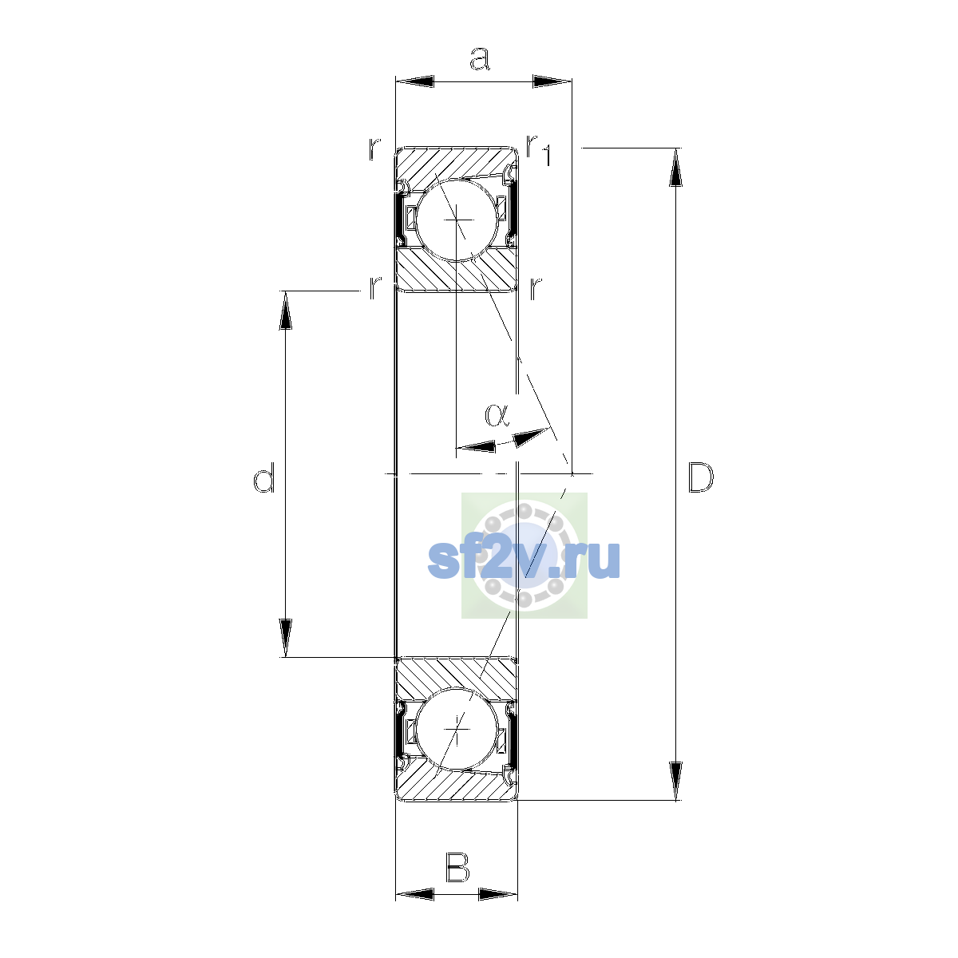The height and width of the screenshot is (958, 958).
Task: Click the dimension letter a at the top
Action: click(x=480, y=58)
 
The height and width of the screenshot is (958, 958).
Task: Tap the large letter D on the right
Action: click(x=700, y=477)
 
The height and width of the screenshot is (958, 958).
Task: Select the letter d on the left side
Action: click(x=263, y=477)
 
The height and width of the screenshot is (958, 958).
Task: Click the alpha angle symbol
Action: click(x=497, y=415)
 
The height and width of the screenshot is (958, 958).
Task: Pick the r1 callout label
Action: click(x=539, y=149)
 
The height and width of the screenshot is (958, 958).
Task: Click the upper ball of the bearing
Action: click(x=457, y=220)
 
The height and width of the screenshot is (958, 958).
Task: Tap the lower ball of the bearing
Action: click(x=457, y=730)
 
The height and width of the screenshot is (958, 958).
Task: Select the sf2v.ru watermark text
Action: click(x=524, y=560)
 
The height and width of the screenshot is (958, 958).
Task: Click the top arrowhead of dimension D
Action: click(x=675, y=167)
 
